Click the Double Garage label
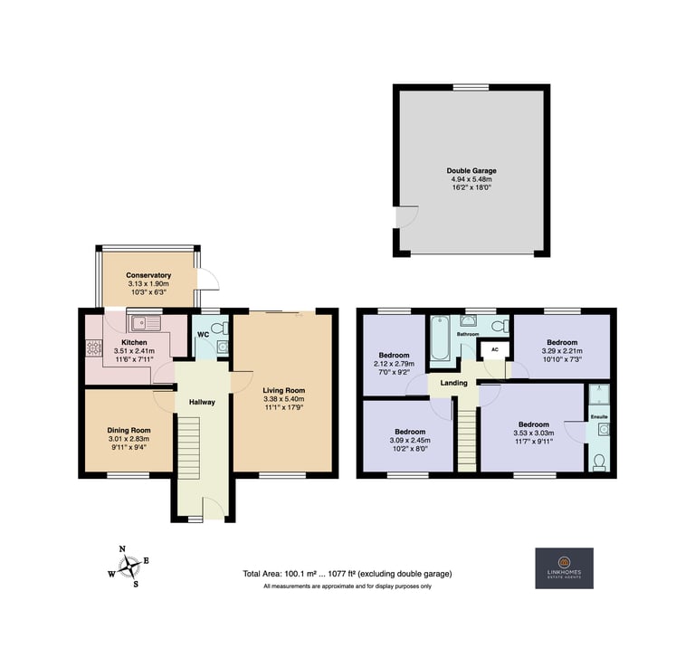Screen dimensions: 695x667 click(x=471, y=171)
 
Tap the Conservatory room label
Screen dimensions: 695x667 click(x=148, y=275)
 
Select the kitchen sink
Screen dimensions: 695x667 click(x=145, y=323)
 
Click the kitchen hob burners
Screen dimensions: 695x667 click(x=93, y=348)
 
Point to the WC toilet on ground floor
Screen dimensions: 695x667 click(x=219, y=329)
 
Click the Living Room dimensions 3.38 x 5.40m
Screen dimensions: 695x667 click(x=283, y=399)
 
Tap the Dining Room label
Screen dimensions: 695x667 click(x=129, y=430)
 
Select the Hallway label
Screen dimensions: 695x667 click(x=202, y=402)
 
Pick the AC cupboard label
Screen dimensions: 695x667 click(x=495, y=349)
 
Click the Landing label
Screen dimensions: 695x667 click(x=454, y=383)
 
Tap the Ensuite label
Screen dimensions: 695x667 click(x=599, y=417)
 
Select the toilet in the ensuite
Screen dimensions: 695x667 click(x=599, y=462)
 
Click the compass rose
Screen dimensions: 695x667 click(x=129, y=566)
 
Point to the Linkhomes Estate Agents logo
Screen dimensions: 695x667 click(x=565, y=568)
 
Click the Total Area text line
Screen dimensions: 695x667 click(x=347, y=574)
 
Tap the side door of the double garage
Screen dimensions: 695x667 click(x=406, y=216)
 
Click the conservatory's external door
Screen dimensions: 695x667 click(x=207, y=280)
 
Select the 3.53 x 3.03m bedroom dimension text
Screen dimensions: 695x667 click(x=534, y=433)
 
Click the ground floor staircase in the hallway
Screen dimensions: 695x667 click(x=190, y=447)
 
